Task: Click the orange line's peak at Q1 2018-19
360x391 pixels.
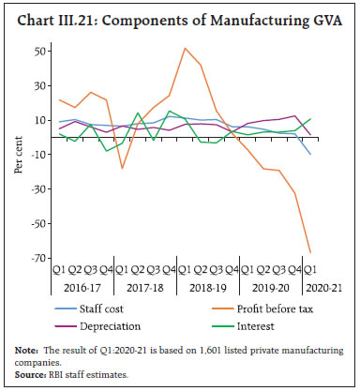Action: (x=185, y=48)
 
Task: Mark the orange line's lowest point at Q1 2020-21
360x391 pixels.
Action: (x=337, y=253)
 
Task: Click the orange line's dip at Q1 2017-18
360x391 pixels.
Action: (x=121, y=169)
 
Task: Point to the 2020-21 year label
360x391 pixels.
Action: (x=337, y=290)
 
